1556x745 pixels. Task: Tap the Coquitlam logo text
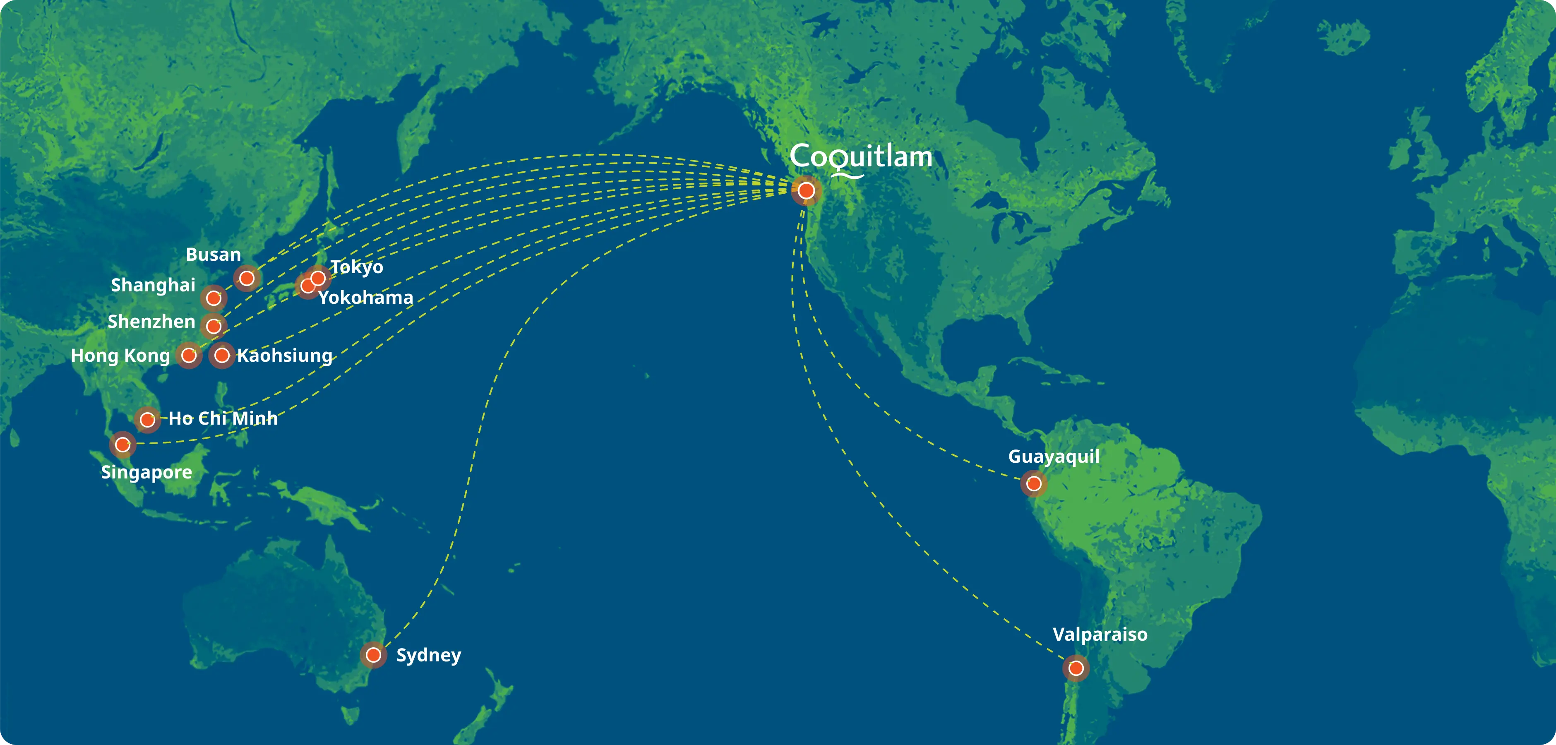[x=861, y=158]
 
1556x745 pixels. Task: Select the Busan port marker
[x=247, y=279]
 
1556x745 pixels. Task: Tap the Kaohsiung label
[x=284, y=355]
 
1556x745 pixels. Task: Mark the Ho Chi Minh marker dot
[x=147, y=419]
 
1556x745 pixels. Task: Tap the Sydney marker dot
[x=373, y=655]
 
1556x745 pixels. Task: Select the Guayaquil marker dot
[x=1033, y=484]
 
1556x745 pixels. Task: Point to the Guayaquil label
[x=1054, y=456]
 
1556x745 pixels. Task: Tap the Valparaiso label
[x=1100, y=634]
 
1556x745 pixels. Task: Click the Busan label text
[x=213, y=255]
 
